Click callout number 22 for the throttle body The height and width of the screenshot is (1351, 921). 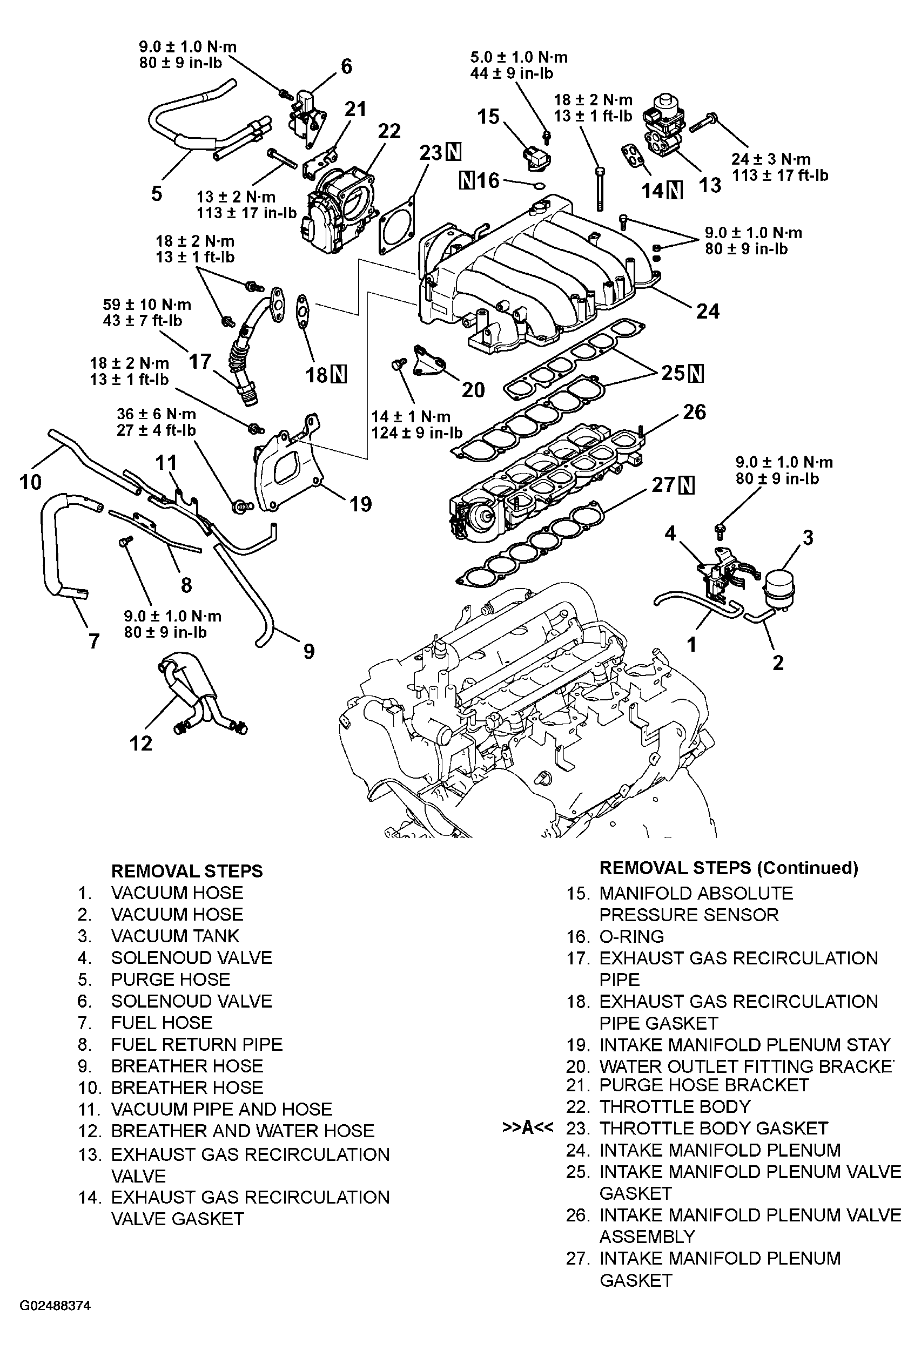(x=389, y=131)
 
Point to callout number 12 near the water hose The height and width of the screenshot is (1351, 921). (x=140, y=743)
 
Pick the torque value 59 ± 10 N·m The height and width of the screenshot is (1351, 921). (x=147, y=304)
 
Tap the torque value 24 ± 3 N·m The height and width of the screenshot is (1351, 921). (x=771, y=159)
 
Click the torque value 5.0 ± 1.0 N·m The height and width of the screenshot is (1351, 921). (x=519, y=57)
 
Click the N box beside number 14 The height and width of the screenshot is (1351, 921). (x=675, y=190)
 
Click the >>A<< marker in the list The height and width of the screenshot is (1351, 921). (x=527, y=1128)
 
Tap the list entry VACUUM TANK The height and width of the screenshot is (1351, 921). (x=175, y=936)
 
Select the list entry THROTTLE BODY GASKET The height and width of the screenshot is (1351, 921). (x=714, y=1129)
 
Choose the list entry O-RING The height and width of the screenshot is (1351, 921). (x=631, y=936)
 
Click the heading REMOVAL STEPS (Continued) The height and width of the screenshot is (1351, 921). (x=729, y=868)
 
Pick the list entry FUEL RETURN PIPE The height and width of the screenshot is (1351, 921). (x=197, y=1044)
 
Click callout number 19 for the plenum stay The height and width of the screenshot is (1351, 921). (x=360, y=503)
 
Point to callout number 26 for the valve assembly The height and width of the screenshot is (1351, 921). (x=694, y=412)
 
